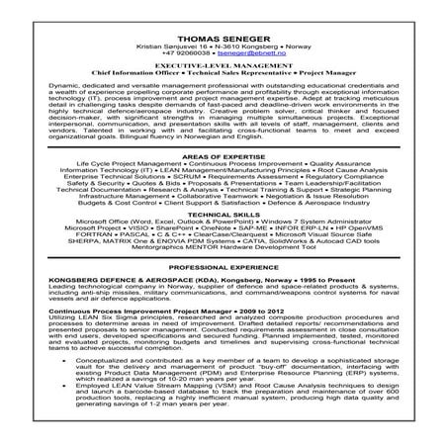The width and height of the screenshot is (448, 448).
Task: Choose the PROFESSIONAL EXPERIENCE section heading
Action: pyautogui.click(x=224, y=295)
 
